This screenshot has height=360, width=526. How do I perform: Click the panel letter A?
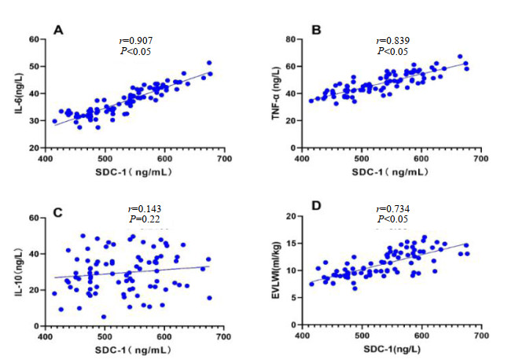(57, 31)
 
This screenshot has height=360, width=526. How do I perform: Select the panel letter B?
(316, 31)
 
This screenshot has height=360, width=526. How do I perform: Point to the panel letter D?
(316, 208)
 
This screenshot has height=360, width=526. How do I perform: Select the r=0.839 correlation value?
(393, 40)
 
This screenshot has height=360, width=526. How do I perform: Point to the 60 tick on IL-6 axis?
(35, 39)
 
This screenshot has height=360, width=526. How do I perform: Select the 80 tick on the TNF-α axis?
(290, 39)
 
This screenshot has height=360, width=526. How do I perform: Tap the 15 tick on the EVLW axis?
(290, 244)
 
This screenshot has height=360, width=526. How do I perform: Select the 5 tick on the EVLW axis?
(293, 298)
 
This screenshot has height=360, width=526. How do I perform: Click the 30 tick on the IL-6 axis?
(35, 120)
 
